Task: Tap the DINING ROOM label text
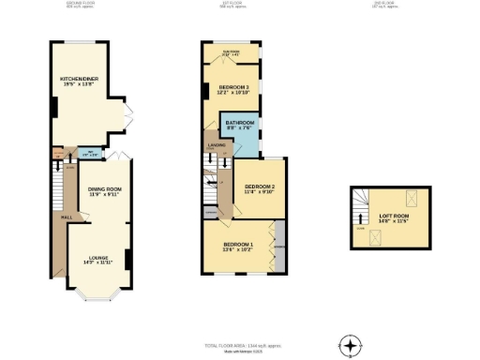(104, 192)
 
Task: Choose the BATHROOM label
(241, 127)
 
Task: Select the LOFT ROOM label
(394, 218)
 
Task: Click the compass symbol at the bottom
(351, 346)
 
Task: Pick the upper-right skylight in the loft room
(410, 198)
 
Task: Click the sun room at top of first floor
(231, 53)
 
